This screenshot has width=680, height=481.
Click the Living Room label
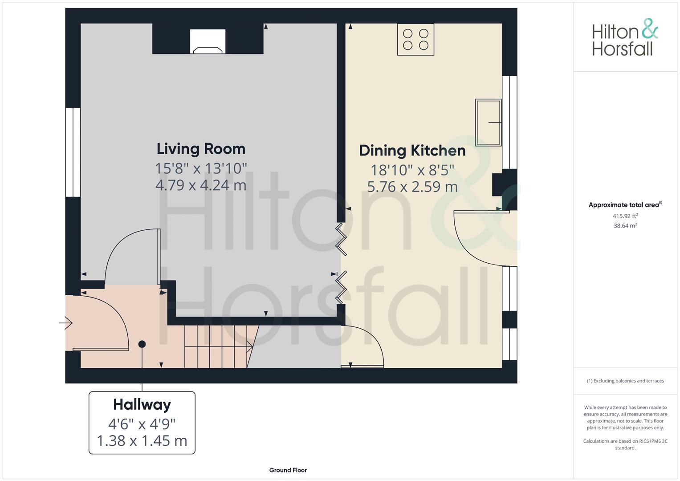[x=201, y=149]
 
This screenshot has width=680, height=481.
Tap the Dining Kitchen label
[x=412, y=151]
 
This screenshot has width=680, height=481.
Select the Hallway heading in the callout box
[x=142, y=404]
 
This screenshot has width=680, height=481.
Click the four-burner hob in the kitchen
[x=415, y=40]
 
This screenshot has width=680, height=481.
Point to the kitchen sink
[x=488, y=122]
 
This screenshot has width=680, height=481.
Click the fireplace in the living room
[x=208, y=42]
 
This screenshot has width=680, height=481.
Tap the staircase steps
[x=217, y=346]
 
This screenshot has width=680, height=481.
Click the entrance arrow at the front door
[x=66, y=322]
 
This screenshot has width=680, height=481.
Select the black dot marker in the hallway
[x=142, y=344]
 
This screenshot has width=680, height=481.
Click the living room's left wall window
[x=73, y=152]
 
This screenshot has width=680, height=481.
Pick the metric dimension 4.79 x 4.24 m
[x=201, y=185]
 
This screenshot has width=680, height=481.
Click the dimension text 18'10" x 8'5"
[x=412, y=170]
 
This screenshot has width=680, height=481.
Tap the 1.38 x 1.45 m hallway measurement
[x=142, y=441]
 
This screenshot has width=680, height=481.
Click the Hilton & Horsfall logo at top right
[x=625, y=37]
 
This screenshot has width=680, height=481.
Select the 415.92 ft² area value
[x=625, y=216]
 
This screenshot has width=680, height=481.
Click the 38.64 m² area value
[x=625, y=226]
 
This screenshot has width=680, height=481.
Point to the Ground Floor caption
[x=288, y=470]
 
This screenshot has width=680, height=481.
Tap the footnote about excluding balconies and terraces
[x=625, y=381]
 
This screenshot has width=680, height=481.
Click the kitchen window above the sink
[x=510, y=122]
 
